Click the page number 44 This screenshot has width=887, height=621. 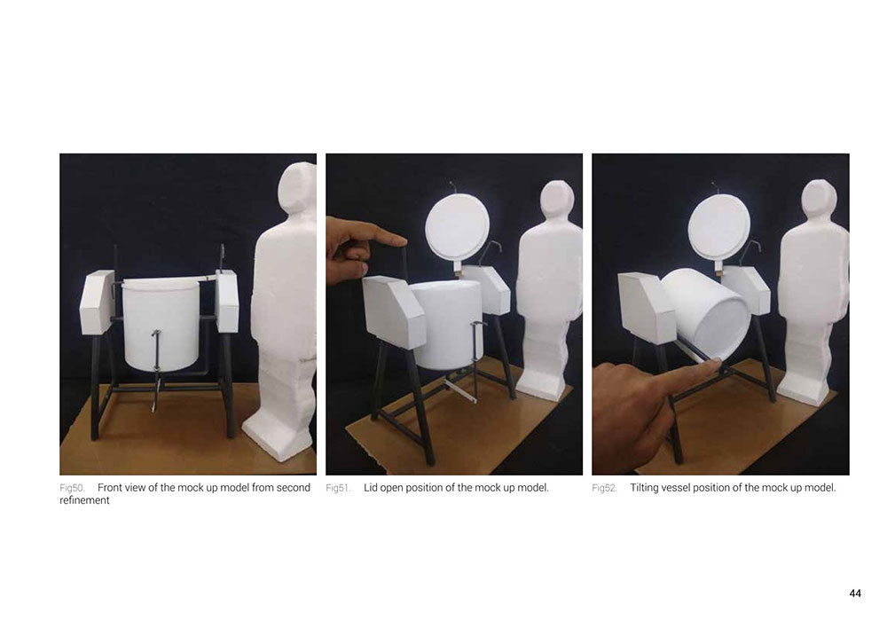tap(855, 593)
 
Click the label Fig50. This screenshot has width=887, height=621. tap(72, 488)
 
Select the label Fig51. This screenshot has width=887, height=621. tap(338, 488)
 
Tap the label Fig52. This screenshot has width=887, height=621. tap(605, 488)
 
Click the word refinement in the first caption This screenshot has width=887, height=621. tap(84, 500)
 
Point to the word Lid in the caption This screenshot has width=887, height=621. tap(370, 488)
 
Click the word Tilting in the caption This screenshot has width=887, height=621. tap(644, 488)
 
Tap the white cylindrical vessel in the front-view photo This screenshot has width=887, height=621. tap(160, 324)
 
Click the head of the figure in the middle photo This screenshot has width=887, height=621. tap(557, 202)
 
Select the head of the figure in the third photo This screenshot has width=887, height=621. tap(819, 202)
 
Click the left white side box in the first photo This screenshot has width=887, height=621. tap(98, 303)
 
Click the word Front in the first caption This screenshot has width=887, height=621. tap(110, 488)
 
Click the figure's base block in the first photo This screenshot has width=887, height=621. tap(279, 435)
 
